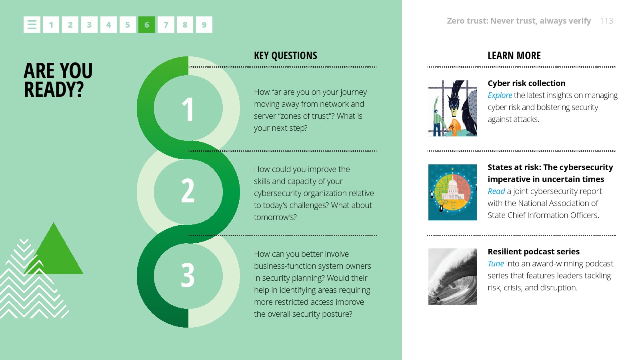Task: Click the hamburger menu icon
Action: pyautogui.click(x=32, y=24)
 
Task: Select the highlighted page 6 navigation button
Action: pyautogui.click(x=146, y=24)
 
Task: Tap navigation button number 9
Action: pyautogui.click(x=204, y=24)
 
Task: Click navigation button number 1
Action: pyautogui.click(x=51, y=24)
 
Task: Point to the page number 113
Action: pyautogui.click(x=606, y=21)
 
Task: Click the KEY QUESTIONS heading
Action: pyautogui.click(x=286, y=56)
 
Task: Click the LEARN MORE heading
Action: pyautogui.click(x=514, y=56)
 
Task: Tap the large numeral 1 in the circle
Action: pyautogui.click(x=188, y=110)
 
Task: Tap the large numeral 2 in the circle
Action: pyautogui.click(x=188, y=190)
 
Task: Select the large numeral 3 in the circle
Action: pyautogui.click(x=188, y=275)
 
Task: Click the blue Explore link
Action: pyautogui.click(x=500, y=96)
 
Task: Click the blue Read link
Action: pyautogui.click(x=496, y=191)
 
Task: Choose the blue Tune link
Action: pyautogui.click(x=496, y=264)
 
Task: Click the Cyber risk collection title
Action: pyautogui.click(x=526, y=83)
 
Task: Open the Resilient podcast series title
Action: pyautogui.click(x=534, y=252)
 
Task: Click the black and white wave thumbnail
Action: pyautogui.click(x=452, y=276)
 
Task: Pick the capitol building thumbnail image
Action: pyautogui.click(x=452, y=192)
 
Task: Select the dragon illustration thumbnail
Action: pyautogui.click(x=452, y=108)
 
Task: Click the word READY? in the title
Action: pyautogui.click(x=54, y=90)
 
